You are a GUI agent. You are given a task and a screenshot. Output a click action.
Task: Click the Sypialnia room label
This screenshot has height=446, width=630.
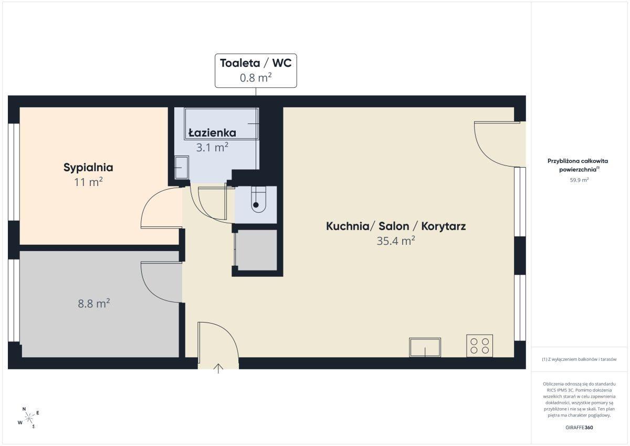[88, 168]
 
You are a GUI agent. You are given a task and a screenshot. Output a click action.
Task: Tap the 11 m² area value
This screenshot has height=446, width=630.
[88, 182]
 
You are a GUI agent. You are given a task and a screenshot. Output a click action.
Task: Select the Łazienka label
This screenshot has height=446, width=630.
[212, 132]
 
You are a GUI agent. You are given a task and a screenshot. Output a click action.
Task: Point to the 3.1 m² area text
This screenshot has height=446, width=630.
[212, 147]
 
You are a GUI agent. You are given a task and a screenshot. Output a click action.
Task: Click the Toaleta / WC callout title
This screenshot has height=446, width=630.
[256, 63]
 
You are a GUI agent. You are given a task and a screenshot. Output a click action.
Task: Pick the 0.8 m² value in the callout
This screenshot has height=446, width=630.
[256, 77]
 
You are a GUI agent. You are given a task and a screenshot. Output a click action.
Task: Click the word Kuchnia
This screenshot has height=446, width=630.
[348, 226]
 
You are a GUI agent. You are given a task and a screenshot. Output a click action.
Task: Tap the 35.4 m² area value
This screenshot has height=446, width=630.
[396, 241]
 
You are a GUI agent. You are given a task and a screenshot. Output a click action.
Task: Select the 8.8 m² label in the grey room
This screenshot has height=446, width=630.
[93, 304]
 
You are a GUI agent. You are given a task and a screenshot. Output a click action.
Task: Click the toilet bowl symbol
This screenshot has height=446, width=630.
[258, 200]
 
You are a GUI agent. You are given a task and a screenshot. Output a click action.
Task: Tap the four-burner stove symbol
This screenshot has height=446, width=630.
[479, 346]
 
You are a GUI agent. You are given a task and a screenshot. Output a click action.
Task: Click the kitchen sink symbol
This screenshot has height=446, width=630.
[425, 347]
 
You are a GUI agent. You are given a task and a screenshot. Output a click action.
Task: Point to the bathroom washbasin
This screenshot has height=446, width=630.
[182, 168]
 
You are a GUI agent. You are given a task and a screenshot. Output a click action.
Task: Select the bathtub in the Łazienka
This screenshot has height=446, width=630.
[222, 123]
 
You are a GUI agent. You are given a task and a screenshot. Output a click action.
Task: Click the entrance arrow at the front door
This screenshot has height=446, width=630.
[218, 369]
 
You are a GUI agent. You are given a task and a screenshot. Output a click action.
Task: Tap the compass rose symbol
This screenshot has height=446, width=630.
[28, 418]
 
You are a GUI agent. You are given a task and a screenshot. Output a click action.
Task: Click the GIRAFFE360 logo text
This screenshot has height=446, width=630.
[579, 428]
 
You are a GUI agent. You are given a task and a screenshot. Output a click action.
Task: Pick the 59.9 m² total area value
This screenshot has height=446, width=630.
[579, 180]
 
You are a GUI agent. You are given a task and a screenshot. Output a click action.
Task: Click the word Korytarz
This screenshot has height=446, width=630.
[444, 226]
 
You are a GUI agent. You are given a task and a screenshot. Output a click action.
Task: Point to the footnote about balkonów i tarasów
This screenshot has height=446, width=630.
[579, 359]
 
